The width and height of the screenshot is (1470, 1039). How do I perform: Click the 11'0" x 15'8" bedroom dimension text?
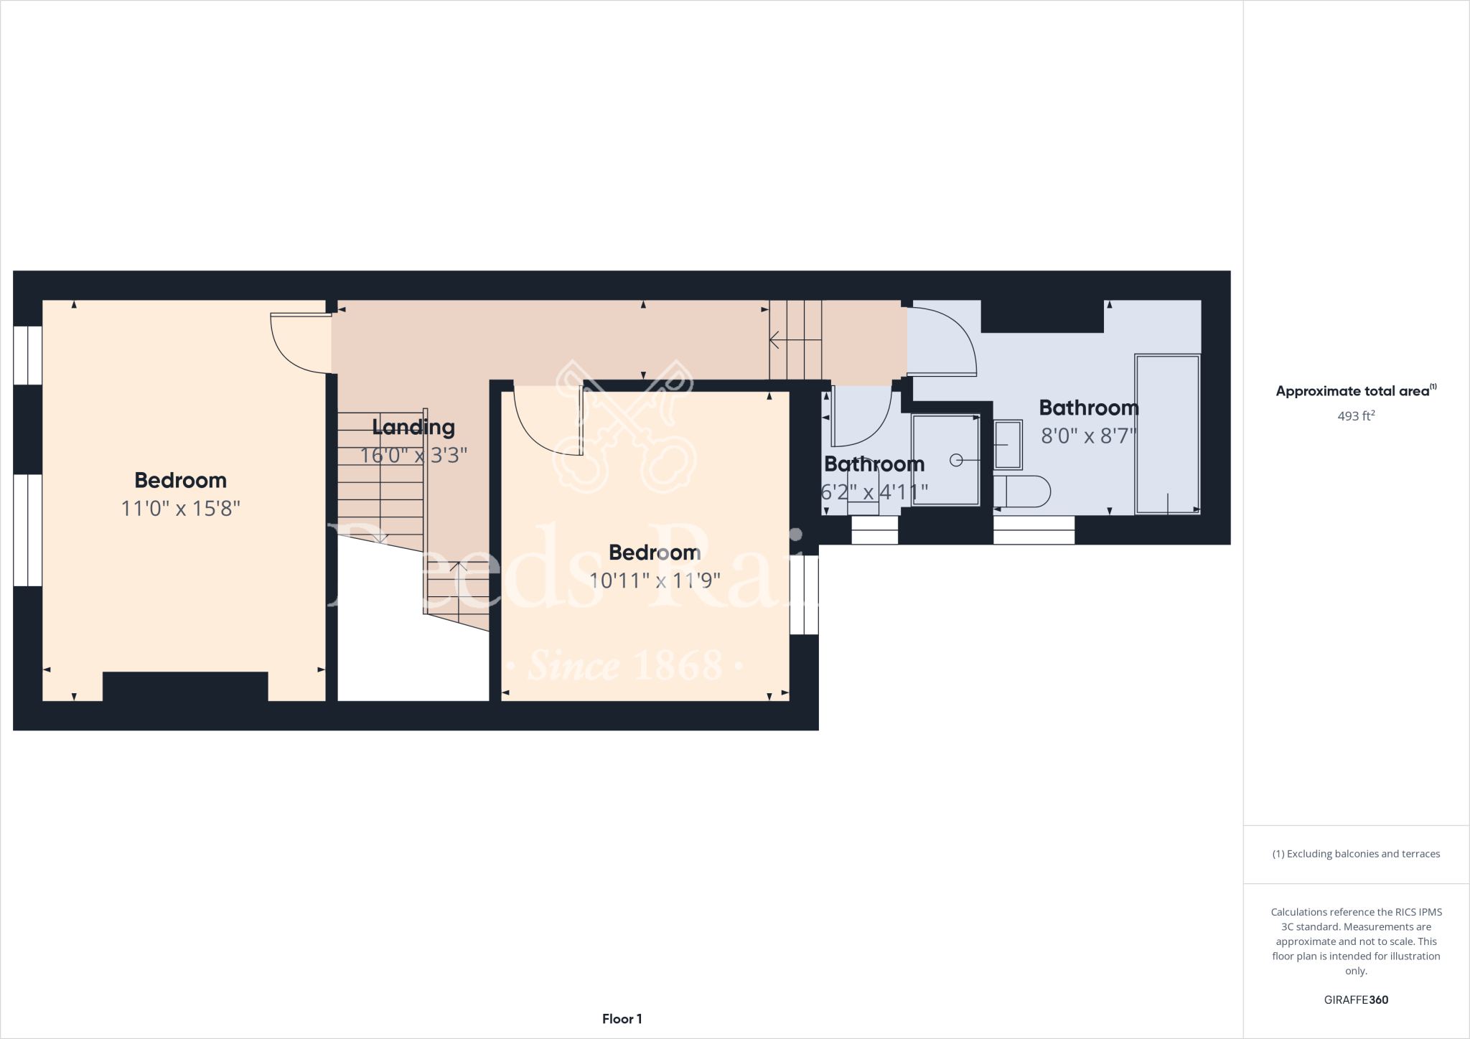pyautogui.click(x=180, y=509)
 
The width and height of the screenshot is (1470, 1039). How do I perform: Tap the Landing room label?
pyautogui.click(x=413, y=428)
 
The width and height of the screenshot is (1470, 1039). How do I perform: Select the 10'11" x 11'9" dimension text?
pyautogui.click(x=655, y=580)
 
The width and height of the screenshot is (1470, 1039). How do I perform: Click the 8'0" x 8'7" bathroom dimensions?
pyautogui.click(x=1089, y=436)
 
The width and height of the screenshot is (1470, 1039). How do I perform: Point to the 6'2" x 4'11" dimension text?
pyautogui.click(x=874, y=493)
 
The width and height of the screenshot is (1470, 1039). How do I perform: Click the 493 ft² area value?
pyautogui.click(x=1356, y=416)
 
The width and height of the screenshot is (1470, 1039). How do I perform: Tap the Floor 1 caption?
pyautogui.click(x=622, y=1019)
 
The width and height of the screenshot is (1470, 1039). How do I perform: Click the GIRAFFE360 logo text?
pyautogui.click(x=1356, y=1000)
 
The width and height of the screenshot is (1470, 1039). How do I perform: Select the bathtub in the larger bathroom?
pyautogui.click(x=1167, y=433)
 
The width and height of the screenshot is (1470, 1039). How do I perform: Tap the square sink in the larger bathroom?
pyautogui.click(x=1008, y=445)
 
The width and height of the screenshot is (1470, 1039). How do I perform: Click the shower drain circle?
pyautogui.click(x=956, y=461)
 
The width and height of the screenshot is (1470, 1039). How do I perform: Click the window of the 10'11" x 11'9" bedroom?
pyautogui.click(x=804, y=595)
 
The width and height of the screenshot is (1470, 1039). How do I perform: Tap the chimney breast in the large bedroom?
pyautogui.click(x=185, y=686)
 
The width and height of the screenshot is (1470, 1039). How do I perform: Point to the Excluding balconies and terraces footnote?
pyautogui.click(x=1356, y=854)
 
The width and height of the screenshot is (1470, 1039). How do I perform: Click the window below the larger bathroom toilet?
pyautogui.click(x=1034, y=530)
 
